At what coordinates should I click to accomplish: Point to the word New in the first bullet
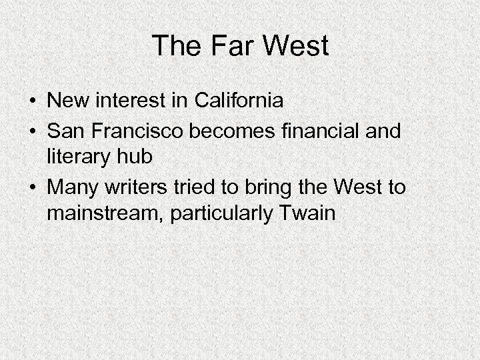coord(69,102)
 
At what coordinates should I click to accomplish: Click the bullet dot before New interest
coord(33,103)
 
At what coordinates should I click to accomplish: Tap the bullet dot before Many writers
coord(33,189)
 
